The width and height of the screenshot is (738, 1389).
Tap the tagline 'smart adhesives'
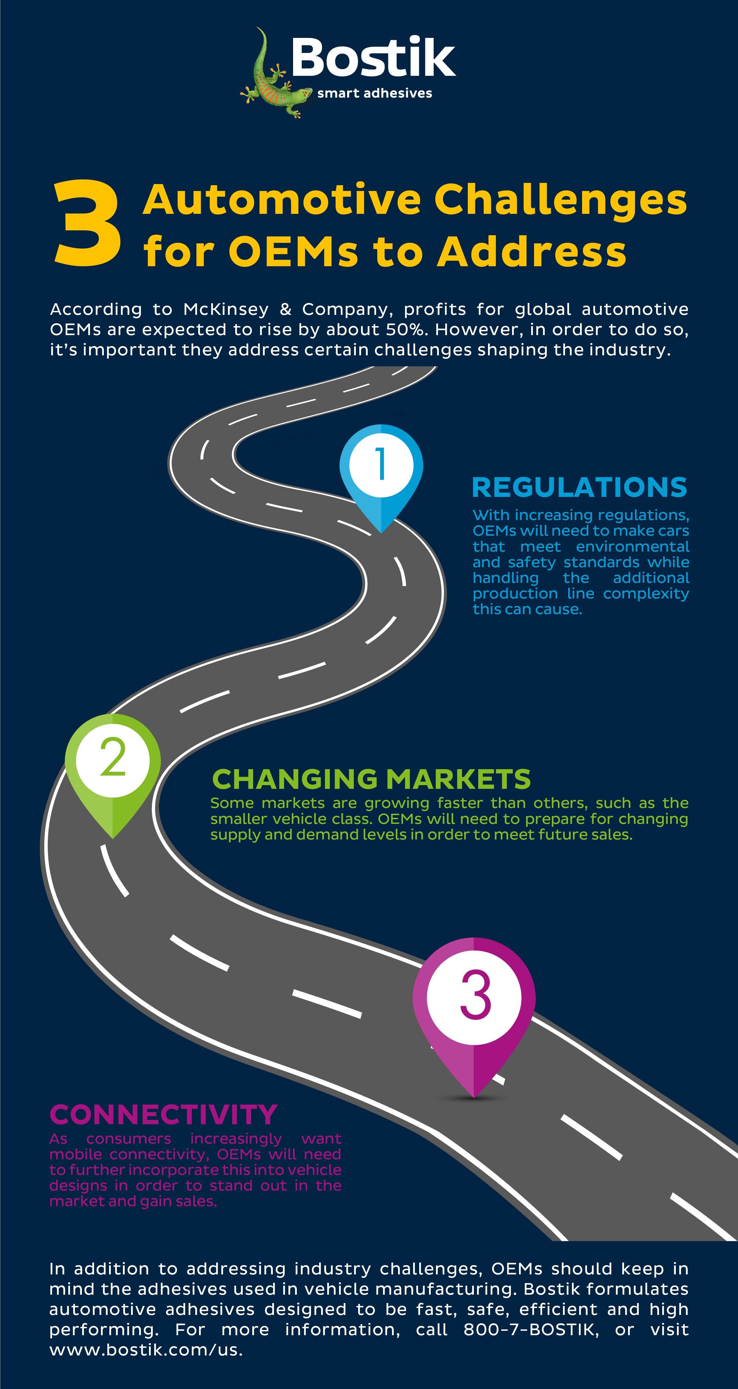(375, 93)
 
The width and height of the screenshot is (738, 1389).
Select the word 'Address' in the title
(532, 251)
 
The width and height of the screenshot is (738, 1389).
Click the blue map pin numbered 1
(381, 475)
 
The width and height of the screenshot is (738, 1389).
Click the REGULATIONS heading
(579, 487)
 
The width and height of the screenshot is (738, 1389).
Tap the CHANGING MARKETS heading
(371, 779)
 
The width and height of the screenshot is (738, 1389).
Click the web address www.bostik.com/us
(146, 1350)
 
